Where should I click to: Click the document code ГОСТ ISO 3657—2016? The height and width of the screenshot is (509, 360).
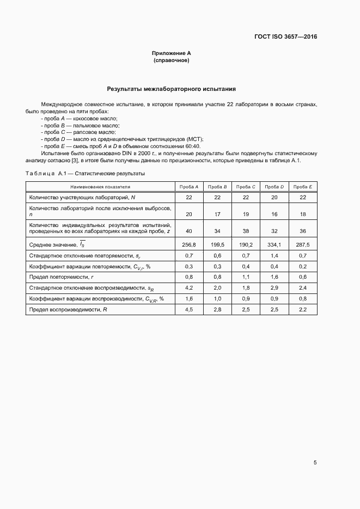pos(285,37)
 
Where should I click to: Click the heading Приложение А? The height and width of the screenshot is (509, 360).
pos(172,53)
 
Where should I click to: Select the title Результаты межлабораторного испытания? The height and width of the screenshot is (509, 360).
pos(172,89)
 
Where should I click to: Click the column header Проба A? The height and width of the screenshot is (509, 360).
pos(189,187)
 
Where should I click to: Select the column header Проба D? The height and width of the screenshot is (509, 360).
pos(274,187)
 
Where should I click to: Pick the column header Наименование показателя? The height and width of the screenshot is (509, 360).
pos(100,187)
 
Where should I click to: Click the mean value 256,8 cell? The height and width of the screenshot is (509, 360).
pos(189,244)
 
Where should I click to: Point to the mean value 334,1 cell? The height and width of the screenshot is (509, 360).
pos(274,244)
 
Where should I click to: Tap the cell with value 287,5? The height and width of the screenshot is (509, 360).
pos(303,244)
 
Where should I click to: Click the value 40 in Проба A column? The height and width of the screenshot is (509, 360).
pos(189,231)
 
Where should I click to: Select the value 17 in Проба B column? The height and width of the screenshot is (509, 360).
pos(217,214)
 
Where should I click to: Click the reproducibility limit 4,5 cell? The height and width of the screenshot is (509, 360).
pos(189,310)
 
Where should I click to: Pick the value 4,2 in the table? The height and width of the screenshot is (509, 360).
pos(189,288)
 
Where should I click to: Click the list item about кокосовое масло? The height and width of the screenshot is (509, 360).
pos(79,118)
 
